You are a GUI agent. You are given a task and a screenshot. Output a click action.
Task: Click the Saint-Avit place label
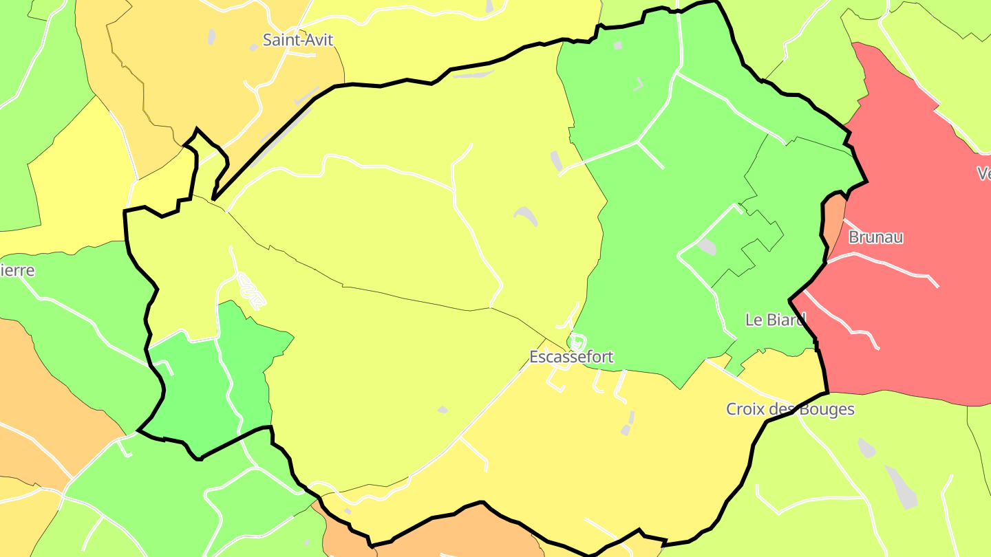[298, 40]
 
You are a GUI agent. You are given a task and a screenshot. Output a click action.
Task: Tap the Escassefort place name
[571, 357]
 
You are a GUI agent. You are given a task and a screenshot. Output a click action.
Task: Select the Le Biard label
[775, 320]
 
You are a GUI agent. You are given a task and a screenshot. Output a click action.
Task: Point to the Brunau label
[875, 237]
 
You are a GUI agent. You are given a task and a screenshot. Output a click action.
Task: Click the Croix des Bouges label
[790, 409]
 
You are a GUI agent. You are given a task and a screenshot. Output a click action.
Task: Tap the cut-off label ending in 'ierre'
[17, 270]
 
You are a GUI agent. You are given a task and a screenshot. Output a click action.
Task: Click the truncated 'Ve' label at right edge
[983, 174]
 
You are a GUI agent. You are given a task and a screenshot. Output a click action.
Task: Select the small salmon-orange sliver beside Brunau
[834, 220]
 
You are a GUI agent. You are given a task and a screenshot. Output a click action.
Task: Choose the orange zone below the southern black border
[447, 533]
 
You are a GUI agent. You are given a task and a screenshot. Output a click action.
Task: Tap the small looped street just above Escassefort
[577, 341]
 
